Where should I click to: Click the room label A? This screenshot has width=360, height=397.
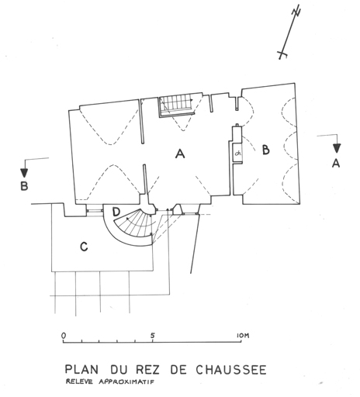pyautogui.click(x=180, y=154)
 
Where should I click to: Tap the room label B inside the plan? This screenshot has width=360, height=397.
pyautogui.click(x=265, y=150)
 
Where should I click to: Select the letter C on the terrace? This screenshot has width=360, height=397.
pyautogui.click(x=84, y=247)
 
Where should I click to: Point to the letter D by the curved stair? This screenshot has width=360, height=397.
pyautogui.click(x=116, y=212)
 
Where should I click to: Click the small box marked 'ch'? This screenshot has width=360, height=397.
pyautogui.click(x=237, y=154)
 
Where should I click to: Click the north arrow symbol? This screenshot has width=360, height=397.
pyautogui.click(x=289, y=33)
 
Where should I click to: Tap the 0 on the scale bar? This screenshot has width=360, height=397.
pyautogui.click(x=64, y=336)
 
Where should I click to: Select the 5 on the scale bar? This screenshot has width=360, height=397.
pyautogui.click(x=153, y=336)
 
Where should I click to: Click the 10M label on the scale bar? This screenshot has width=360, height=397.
pyautogui.click(x=243, y=336)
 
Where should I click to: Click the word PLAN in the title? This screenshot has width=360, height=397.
pyautogui.click(x=81, y=369)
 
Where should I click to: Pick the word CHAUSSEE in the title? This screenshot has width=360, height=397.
pyautogui.click(x=231, y=370)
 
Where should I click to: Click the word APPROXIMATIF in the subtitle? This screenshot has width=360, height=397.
pyautogui.click(x=126, y=381)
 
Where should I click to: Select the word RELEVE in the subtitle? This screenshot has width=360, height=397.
pyautogui.click(x=79, y=381)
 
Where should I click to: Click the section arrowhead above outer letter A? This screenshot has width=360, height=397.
pyautogui.click(x=337, y=148)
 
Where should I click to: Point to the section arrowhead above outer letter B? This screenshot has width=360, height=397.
pyautogui.click(x=24, y=172)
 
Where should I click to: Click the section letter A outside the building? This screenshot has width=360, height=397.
pyautogui.click(x=336, y=163)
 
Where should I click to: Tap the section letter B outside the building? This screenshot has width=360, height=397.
pyautogui.click(x=24, y=186)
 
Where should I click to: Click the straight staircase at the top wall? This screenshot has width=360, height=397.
pyautogui.click(x=176, y=106)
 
